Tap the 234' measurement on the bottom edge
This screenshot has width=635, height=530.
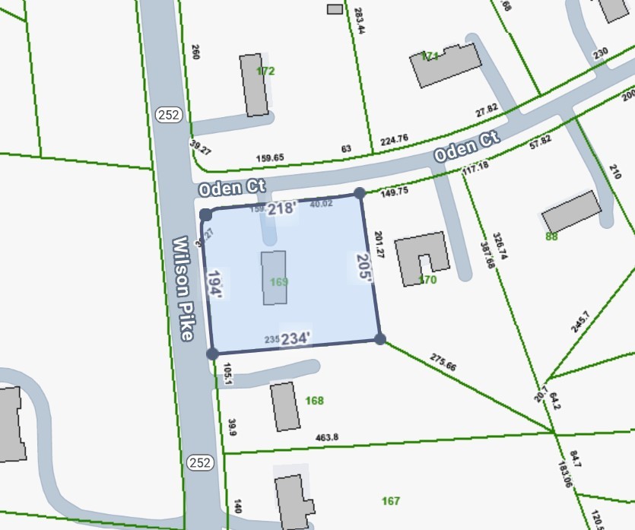tap(295, 338)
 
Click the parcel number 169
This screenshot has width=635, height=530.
tap(279, 282)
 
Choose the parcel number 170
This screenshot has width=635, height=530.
tap(428, 280)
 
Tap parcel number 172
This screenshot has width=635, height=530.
tap(265, 71)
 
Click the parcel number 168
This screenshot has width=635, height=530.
tap(314, 401)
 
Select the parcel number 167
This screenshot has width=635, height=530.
tap(391, 500)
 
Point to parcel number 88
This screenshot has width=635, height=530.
tap(553, 236)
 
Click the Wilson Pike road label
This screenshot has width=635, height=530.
tap(186, 289)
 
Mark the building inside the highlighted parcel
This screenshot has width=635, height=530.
tap(275, 278)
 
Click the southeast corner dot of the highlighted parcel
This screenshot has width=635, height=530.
tap(379, 338)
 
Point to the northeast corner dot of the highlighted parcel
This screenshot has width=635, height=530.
tap(360, 194)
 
